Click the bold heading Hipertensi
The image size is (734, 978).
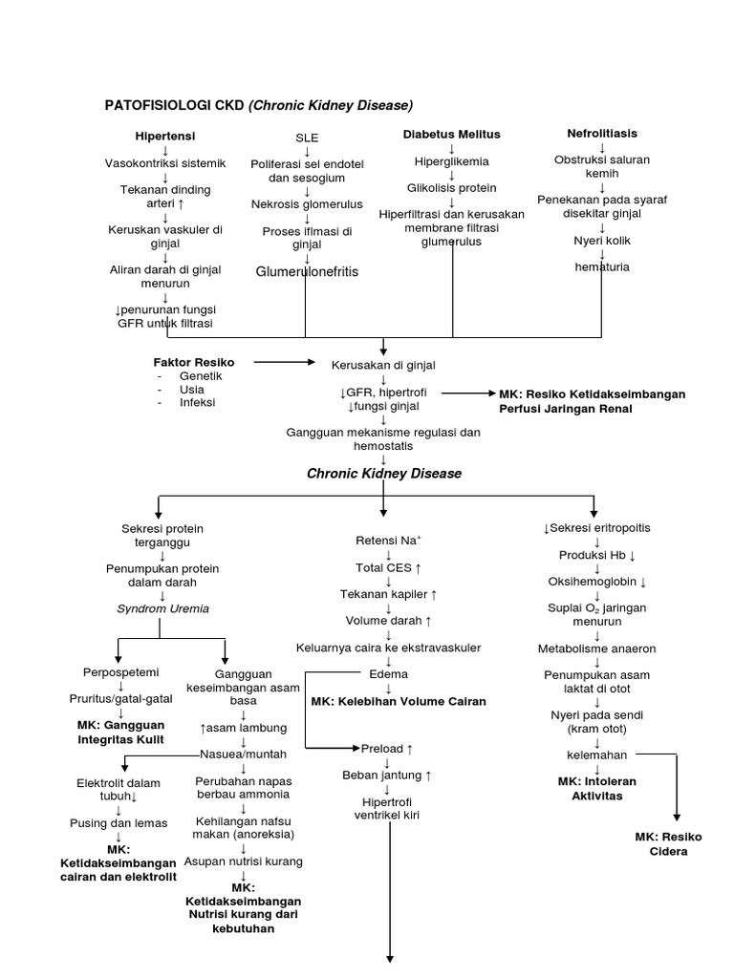(164, 137)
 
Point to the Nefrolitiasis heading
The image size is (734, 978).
(602, 133)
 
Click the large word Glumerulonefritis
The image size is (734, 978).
(307, 272)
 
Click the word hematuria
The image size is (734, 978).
(602, 267)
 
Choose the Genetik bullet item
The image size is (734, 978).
(201, 376)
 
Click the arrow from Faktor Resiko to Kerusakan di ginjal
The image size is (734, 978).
(285, 363)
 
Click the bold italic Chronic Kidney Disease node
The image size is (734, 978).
(383, 474)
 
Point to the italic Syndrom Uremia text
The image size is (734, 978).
(162, 608)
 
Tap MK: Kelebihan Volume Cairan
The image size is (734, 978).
(399, 701)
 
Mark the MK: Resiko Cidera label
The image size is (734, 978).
(668, 843)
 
